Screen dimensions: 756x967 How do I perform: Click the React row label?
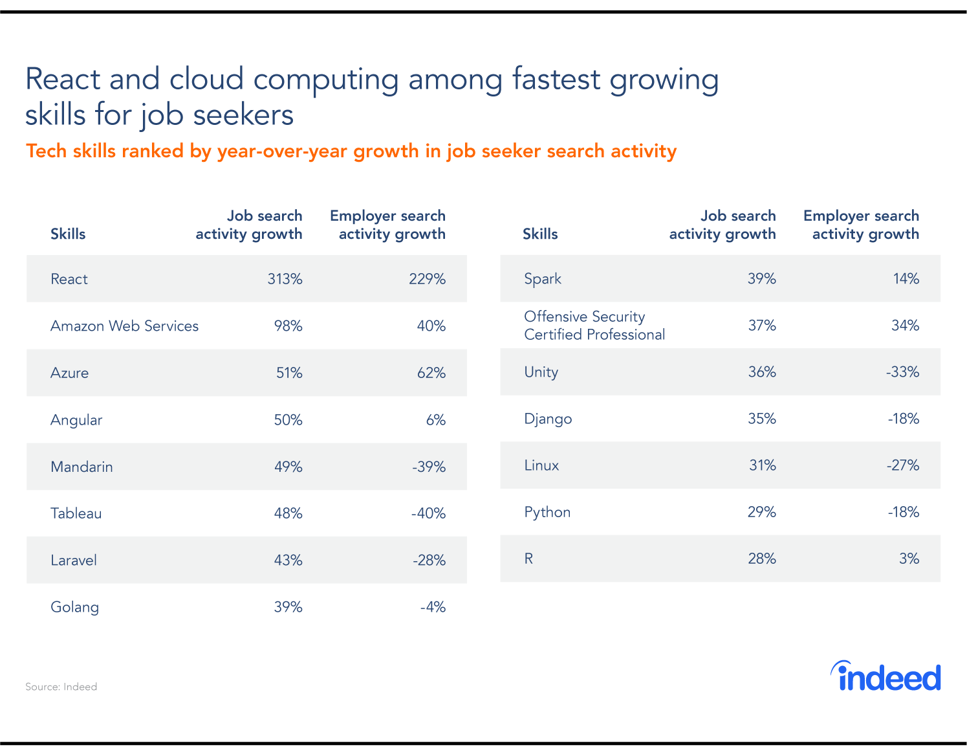point(69,279)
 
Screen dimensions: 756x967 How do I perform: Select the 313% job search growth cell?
point(285,279)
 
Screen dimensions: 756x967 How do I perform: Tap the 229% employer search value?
point(427,279)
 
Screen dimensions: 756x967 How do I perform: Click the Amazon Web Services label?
point(124,326)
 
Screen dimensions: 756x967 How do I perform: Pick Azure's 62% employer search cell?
point(431,373)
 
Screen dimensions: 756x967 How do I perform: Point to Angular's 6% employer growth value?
point(435,420)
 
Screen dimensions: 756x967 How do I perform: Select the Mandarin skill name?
point(81,467)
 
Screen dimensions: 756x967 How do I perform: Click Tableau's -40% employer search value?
point(428,513)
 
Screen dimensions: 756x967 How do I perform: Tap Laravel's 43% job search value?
point(288,560)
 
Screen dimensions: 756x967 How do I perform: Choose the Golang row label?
point(74,607)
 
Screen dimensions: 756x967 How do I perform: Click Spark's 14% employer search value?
point(906,278)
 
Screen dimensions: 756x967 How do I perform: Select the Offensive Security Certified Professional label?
point(594,326)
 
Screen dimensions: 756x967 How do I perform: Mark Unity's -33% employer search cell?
point(902,372)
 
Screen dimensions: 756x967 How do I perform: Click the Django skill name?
point(548,419)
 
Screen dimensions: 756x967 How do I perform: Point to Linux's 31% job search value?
point(762,465)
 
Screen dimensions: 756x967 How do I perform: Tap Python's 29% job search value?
point(761,512)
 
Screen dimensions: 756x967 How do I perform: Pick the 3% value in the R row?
point(909,559)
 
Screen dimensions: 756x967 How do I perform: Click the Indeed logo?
point(886,676)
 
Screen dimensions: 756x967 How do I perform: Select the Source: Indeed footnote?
point(61,687)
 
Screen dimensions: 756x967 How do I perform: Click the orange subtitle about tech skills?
point(351,151)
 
